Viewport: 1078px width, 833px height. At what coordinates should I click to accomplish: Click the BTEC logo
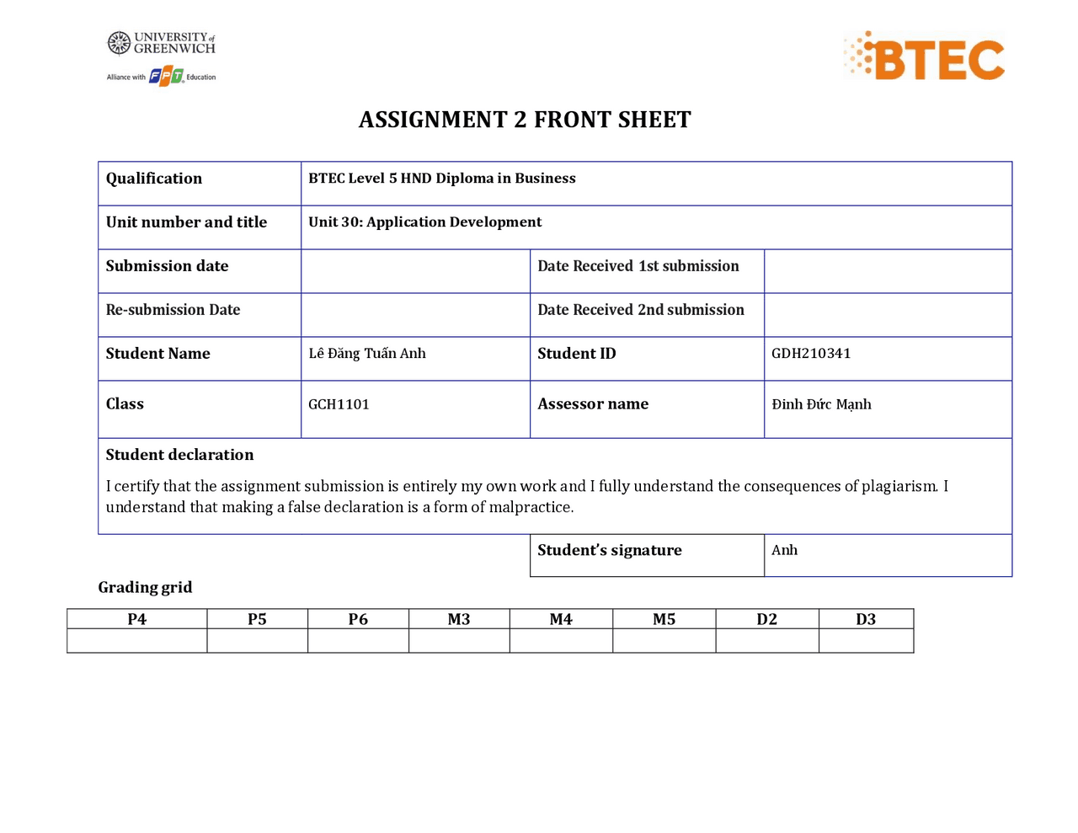tap(925, 57)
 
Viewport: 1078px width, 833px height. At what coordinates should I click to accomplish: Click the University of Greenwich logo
tap(162, 43)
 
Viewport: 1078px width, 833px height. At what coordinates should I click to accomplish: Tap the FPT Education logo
tap(166, 77)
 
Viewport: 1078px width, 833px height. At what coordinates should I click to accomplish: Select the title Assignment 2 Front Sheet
tap(525, 120)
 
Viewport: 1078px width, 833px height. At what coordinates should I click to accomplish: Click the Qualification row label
tap(154, 179)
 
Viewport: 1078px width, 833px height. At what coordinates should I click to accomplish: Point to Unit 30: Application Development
tap(424, 222)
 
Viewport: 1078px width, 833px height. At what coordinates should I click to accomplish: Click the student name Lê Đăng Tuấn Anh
tap(367, 354)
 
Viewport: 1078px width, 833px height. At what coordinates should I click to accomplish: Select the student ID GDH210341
tap(811, 354)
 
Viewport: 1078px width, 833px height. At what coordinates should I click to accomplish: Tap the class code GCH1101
tap(339, 404)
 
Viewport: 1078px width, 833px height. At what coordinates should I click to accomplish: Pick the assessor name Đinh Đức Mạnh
tap(821, 404)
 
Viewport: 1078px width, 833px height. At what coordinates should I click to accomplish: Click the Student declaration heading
tap(179, 455)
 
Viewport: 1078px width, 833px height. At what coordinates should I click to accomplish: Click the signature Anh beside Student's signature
tap(784, 550)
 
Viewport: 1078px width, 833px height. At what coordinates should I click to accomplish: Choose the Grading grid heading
tap(145, 587)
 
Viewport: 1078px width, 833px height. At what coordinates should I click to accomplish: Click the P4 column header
tap(136, 619)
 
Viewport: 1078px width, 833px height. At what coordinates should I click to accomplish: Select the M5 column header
tap(664, 619)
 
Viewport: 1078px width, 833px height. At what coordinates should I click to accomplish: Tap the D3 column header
tap(866, 619)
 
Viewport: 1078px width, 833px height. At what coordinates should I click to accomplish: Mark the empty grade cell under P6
tap(358, 641)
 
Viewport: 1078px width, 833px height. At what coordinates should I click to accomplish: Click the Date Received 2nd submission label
tap(641, 310)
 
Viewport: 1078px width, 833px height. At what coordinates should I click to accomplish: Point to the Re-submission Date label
tap(173, 310)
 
